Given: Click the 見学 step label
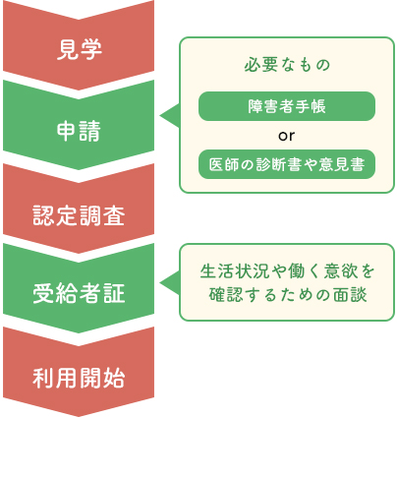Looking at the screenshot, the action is (x=80, y=49).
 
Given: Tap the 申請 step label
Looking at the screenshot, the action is (x=79, y=131).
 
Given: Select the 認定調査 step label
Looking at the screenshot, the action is (x=79, y=215).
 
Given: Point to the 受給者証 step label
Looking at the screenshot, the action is (x=79, y=293).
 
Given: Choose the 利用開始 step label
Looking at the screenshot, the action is (x=79, y=378).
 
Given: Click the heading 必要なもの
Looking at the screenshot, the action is (x=287, y=65).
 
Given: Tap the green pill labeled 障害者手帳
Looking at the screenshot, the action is (x=287, y=106).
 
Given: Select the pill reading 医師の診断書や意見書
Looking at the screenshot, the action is (x=287, y=164).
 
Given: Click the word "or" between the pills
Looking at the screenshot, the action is (x=287, y=136).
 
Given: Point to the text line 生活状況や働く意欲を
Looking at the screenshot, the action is (x=287, y=271).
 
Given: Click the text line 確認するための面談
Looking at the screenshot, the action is (x=288, y=294).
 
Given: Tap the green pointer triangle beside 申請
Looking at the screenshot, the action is (x=170, y=115).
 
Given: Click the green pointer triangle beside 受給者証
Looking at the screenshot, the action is (x=170, y=282).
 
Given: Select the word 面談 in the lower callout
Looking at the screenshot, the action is (x=350, y=294).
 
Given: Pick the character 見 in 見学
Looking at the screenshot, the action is (x=68, y=49).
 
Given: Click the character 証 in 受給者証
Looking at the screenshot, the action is (x=114, y=293).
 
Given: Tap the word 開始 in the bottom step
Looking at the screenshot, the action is (x=102, y=378).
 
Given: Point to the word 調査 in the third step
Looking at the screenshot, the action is (x=102, y=215).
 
